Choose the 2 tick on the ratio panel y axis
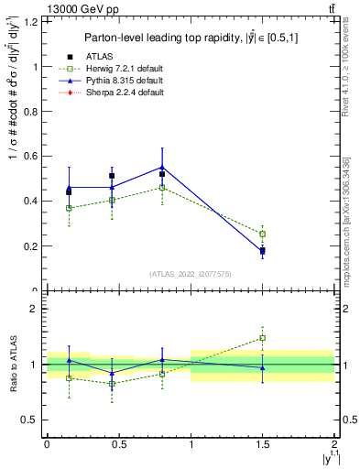[x=37, y=309]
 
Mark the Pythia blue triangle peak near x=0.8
[x=162, y=167]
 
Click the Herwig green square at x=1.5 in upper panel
[x=263, y=234]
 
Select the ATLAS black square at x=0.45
[x=112, y=176]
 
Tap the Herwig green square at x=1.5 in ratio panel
[x=263, y=338]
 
